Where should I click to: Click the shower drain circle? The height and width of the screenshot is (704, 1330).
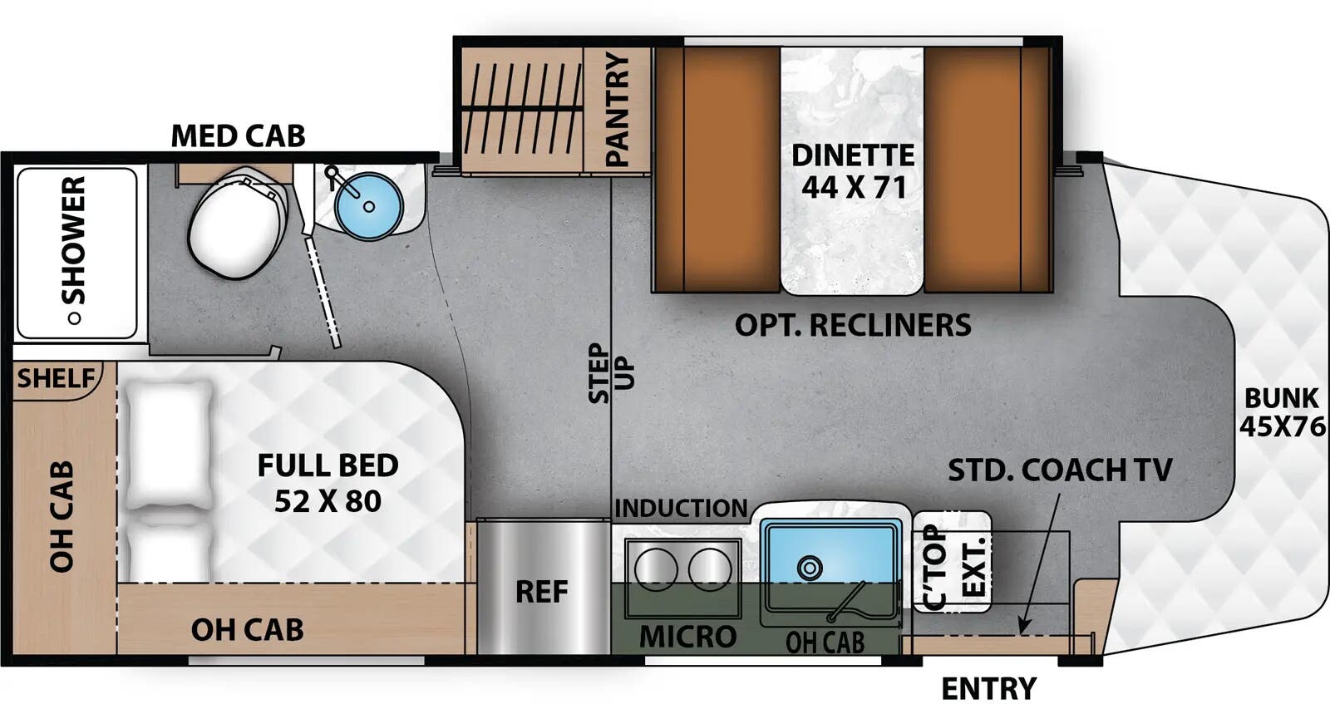point(75,318)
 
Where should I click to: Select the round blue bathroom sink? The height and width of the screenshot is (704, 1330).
point(368,204)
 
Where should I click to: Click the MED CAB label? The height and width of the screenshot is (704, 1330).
point(238,135)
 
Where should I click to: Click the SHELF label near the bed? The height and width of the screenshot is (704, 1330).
point(57,379)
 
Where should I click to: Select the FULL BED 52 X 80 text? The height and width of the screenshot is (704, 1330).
point(328,483)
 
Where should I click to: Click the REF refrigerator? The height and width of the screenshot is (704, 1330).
point(542,591)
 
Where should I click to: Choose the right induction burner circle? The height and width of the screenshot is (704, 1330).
point(709,570)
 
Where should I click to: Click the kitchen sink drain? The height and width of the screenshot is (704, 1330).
point(808,569)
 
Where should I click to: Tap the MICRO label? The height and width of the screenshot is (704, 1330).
point(687,637)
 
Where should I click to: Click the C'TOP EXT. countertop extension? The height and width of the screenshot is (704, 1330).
point(953,562)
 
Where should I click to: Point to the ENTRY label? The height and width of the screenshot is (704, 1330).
point(988,688)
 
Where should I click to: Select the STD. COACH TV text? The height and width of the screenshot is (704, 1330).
point(1060,470)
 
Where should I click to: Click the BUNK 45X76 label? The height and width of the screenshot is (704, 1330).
point(1281,412)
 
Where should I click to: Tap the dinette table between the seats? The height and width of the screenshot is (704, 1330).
point(852,170)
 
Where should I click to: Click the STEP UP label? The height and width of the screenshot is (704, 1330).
point(611,374)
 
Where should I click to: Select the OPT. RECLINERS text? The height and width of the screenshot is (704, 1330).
point(853,325)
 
